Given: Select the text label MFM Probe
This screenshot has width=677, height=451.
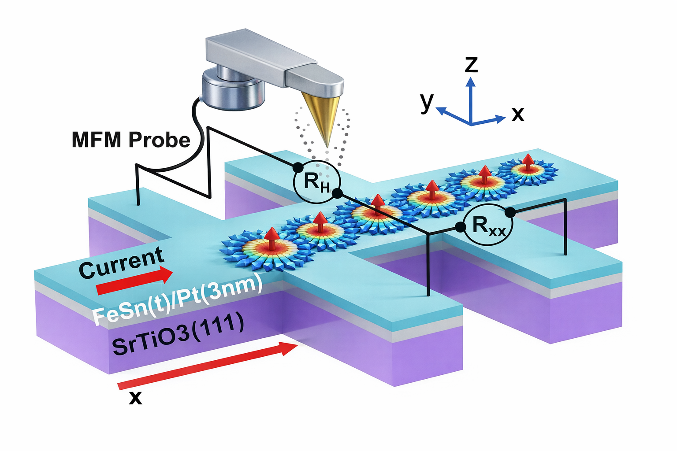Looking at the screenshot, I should (x=131, y=140).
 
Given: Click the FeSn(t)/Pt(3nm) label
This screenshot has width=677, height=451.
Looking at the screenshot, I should (x=179, y=301).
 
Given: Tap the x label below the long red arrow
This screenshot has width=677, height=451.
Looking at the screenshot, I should (x=135, y=398).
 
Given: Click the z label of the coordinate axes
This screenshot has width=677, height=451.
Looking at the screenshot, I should (x=471, y=64).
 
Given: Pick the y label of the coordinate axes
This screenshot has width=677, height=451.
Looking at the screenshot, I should (x=427, y=102).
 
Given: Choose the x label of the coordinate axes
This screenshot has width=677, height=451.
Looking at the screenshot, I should (x=518, y=114).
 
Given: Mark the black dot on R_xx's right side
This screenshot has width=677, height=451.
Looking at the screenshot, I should (x=510, y=212).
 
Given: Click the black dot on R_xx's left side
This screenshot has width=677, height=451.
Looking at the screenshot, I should (x=460, y=227).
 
